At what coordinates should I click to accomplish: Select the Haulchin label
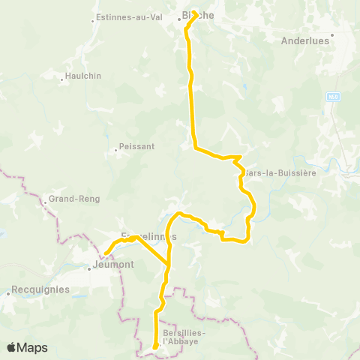point(82,76)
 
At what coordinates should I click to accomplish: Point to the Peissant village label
point(136,148)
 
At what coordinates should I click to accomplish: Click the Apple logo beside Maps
point(12,347)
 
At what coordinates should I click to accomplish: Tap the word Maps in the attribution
point(34,347)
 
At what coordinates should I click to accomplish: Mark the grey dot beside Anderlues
point(331,34)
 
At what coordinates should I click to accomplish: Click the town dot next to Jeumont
point(88,265)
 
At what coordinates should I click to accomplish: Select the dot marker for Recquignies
point(8,295)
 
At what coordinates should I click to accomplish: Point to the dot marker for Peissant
point(115,148)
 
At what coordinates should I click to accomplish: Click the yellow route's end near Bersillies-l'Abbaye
point(154,346)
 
